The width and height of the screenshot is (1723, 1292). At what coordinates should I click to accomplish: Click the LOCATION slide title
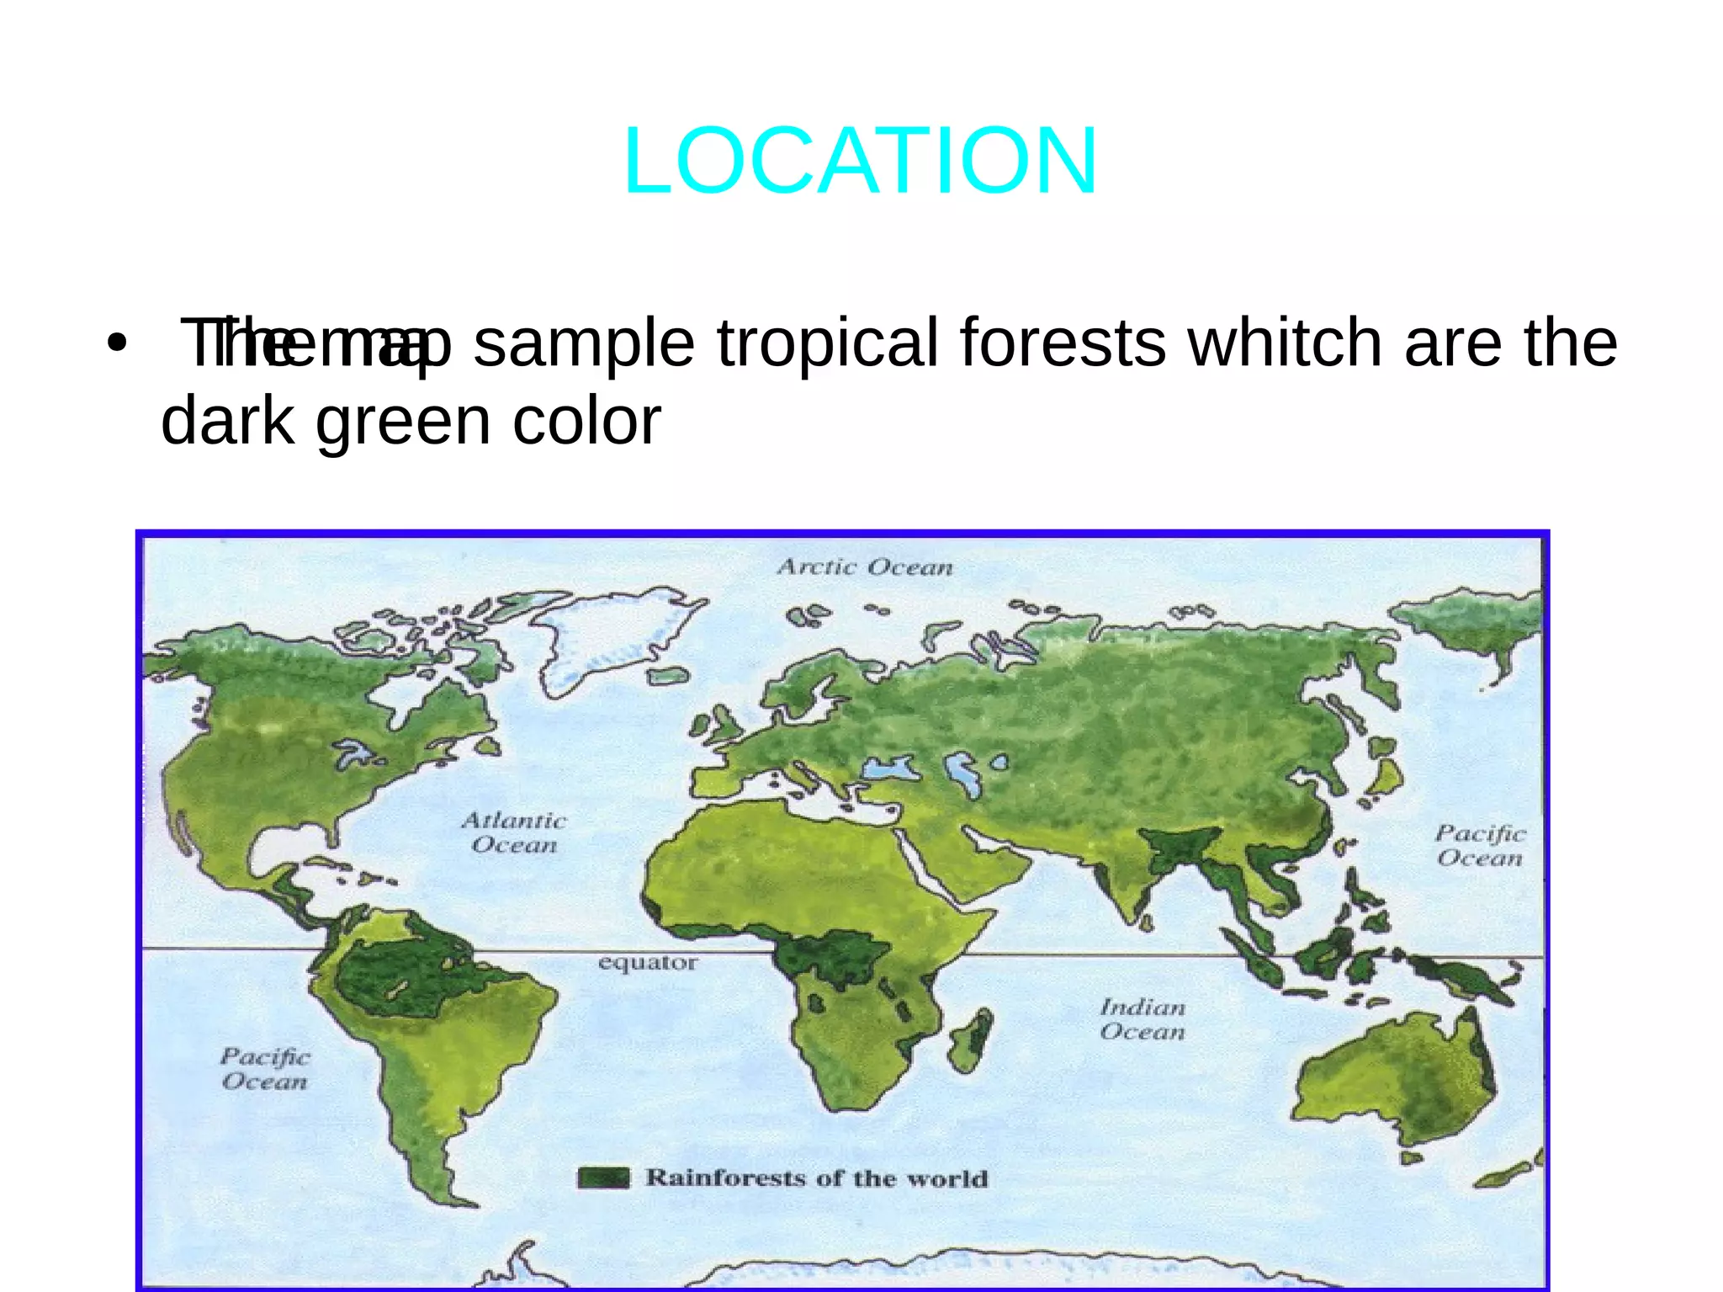click(x=860, y=161)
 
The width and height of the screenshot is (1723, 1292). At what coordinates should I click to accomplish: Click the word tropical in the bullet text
click(x=827, y=343)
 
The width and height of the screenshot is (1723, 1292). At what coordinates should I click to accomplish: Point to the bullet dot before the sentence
click(x=117, y=344)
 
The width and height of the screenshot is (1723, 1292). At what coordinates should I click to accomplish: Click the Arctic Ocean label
click(x=865, y=567)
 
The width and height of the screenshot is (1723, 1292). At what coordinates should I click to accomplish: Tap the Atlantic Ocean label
click(x=514, y=832)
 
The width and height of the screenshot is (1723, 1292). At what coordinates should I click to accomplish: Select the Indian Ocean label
click(x=1142, y=1019)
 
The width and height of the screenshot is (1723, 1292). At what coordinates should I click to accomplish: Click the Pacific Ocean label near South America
click(x=265, y=1069)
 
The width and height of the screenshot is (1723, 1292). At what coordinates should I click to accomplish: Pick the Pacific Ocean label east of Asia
click(x=1480, y=846)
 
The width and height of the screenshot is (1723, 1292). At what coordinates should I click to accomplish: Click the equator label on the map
click(x=647, y=962)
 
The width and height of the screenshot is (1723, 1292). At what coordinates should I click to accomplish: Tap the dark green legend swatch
click(x=603, y=1178)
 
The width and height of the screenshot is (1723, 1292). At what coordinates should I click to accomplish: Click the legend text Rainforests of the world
click(x=816, y=1178)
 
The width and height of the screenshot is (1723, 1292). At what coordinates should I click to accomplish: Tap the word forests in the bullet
click(x=1063, y=343)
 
